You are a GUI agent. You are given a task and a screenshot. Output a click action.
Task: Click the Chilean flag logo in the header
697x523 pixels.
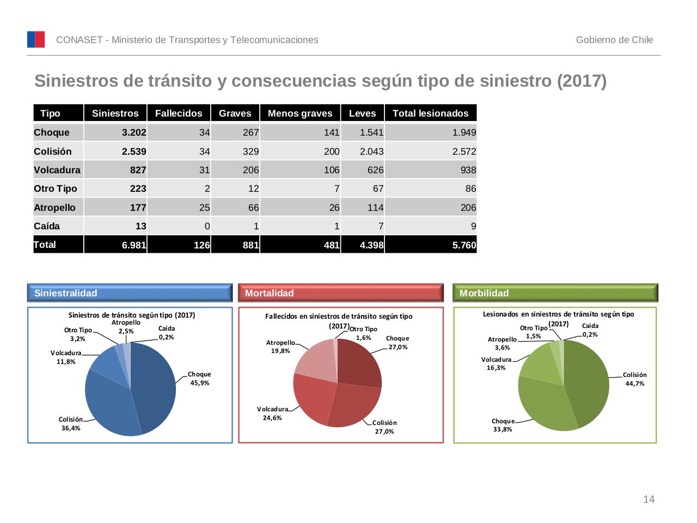[x=36, y=40]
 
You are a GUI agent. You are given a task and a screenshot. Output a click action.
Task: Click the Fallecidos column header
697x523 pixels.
[x=179, y=113]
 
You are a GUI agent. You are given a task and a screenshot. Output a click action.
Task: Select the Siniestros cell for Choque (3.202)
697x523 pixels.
[x=115, y=132]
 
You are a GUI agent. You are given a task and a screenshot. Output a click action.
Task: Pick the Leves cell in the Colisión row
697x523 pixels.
[x=363, y=151]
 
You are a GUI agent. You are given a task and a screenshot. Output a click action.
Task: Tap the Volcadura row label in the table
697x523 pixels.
[x=57, y=170]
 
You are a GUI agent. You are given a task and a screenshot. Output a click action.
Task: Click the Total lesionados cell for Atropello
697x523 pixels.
[x=430, y=208]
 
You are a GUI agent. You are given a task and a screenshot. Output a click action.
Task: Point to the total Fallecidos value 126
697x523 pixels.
[x=179, y=245]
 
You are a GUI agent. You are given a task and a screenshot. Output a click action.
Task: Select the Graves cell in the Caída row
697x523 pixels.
[x=235, y=226]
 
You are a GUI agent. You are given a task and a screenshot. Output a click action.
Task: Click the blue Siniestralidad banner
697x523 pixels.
[x=130, y=293]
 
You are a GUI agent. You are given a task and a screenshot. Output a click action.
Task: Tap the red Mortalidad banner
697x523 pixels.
[x=341, y=293]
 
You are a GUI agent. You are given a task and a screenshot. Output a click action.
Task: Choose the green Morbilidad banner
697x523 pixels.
[x=555, y=293]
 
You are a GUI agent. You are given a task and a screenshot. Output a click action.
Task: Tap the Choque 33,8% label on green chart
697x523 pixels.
[x=503, y=425]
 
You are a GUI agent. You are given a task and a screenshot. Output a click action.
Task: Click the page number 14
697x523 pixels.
[x=649, y=500]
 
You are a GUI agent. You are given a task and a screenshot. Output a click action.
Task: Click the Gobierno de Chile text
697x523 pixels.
[x=614, y=40]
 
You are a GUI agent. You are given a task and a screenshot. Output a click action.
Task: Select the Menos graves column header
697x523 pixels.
[x=300, y=113]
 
